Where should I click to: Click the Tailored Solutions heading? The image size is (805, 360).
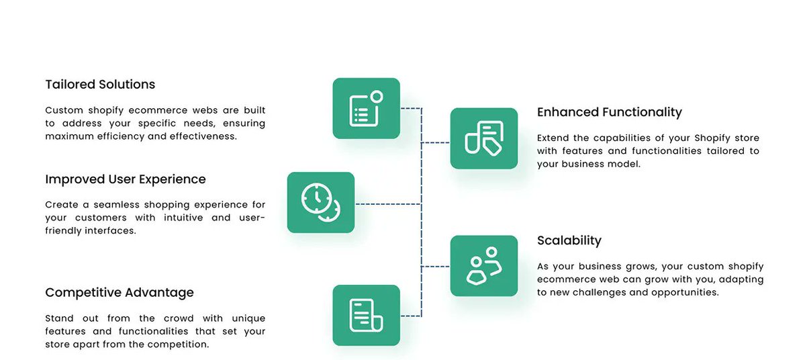pos(100,85)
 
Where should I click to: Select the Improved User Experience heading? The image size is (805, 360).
pos(126,179)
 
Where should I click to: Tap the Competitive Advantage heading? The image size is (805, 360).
pos(120,293)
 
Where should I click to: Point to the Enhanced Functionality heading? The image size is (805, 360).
pos(609,112)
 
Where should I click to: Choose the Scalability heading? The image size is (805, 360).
pos(569,240)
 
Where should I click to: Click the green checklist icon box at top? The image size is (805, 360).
pos(366,109)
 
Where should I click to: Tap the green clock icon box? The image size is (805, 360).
pos(320,203)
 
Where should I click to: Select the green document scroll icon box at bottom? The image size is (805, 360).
pos(366,315)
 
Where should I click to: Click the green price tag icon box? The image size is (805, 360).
pos(483,138)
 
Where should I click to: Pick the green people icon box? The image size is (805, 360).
pos(483,266)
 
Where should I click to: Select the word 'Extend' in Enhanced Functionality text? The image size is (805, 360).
pos(553,138)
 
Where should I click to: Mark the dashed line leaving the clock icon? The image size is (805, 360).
pos(387,204)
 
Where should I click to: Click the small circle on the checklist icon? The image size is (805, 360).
pos(376,97)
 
